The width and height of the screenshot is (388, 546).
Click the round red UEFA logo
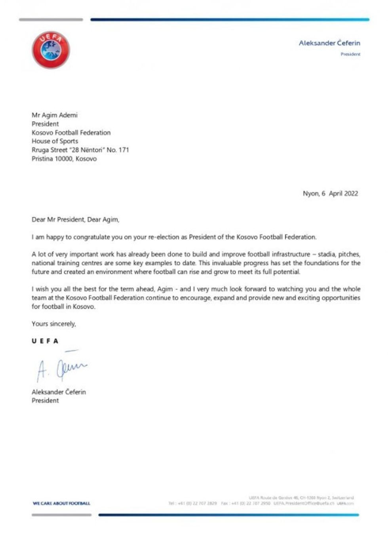tap(51, 50)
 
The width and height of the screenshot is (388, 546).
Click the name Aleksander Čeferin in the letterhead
tap(329, 43)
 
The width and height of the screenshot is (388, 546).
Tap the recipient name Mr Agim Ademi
tap(55, 115)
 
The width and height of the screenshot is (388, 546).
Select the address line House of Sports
tap(55, 141)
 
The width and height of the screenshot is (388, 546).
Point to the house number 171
tap(124, 150)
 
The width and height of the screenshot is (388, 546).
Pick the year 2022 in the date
tap(351, 194)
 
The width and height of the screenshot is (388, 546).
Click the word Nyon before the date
tap(310, 194)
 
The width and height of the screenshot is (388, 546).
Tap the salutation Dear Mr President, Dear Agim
tap(75, 219)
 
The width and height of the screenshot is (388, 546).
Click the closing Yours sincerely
tap(54, 324)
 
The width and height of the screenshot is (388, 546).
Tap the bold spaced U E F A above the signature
tap(45, 341)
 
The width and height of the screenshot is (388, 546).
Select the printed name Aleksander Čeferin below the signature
tap(59, 392)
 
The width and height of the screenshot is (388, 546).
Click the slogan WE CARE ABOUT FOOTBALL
tap(61, 503)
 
